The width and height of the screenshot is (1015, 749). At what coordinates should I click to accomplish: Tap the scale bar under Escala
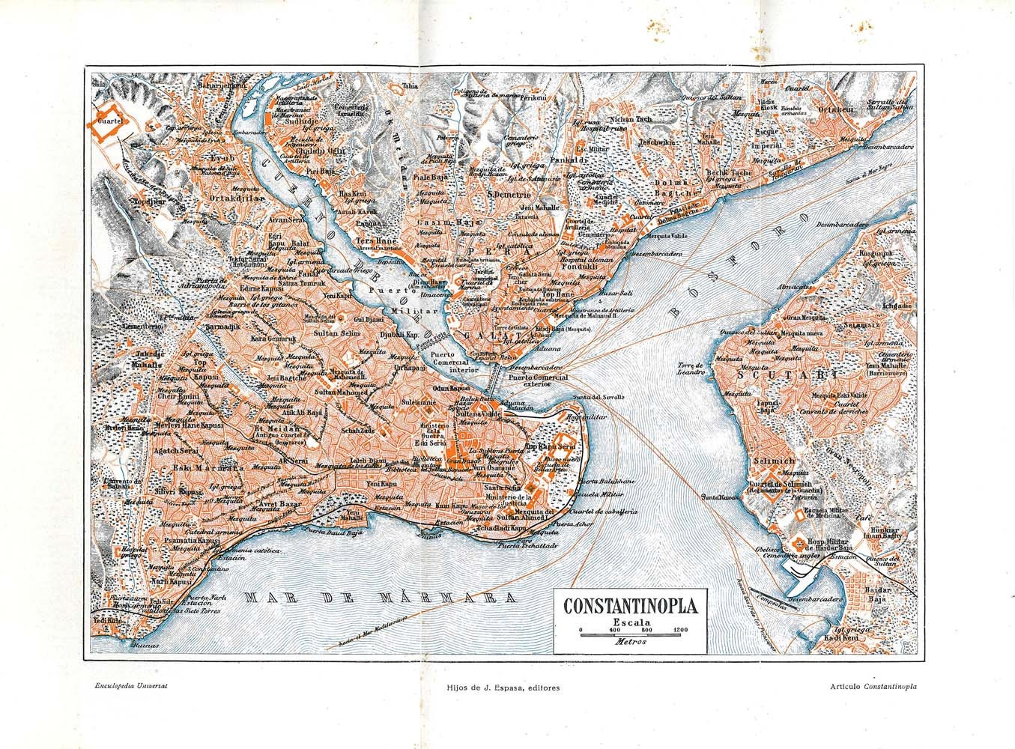tap(630, 634)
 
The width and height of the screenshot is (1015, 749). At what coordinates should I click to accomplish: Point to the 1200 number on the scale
tap(680, 628)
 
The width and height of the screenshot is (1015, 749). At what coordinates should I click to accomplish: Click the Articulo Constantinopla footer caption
tap(874, 686)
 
